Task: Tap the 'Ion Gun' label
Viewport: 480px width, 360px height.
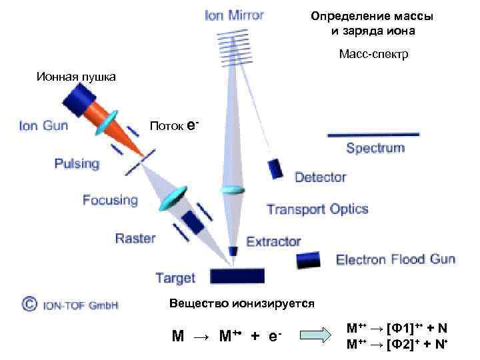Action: tap(43, 125)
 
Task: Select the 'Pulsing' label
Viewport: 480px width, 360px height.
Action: tap(77, 163)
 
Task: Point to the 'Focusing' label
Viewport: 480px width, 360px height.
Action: tap(110, 199)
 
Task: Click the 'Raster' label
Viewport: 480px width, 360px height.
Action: tap(135, 238)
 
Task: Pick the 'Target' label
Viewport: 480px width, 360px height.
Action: tap(175, 277)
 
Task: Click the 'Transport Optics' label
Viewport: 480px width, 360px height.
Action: tap(317, 209)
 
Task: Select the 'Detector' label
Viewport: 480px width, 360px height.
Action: tap(320, 177)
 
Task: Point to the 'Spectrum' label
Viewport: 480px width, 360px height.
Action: tap(375, 148)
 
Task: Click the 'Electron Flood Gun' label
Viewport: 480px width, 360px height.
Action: tap(395, 259)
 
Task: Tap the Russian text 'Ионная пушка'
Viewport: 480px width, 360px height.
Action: tap(76, 77)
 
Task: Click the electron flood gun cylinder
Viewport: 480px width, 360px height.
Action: tap(307, 259)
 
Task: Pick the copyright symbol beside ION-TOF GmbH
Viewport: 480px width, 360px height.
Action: tap(29, 305)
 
